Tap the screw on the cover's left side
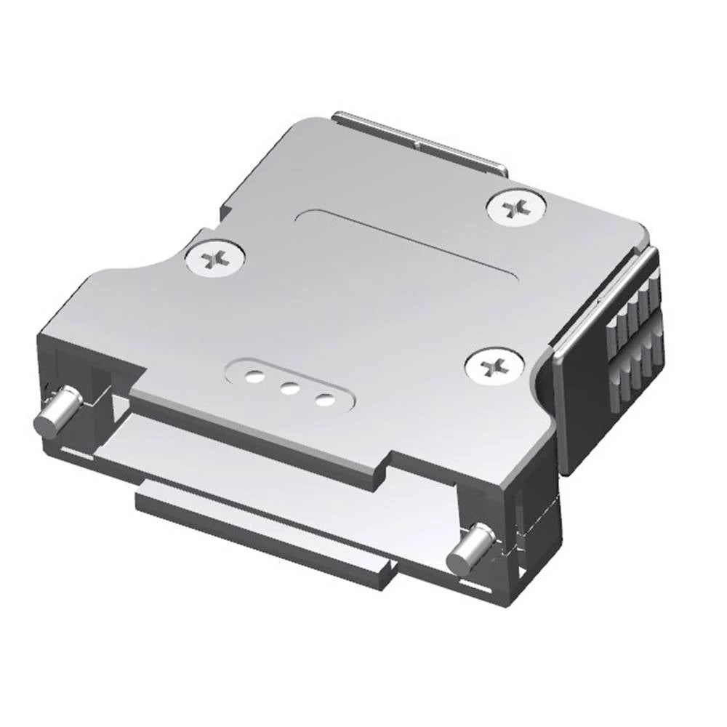click(x=214, y=259)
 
